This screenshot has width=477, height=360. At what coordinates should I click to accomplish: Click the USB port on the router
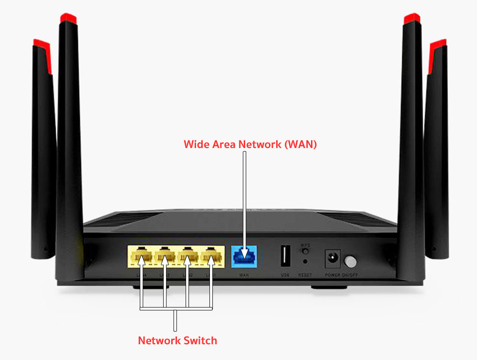[285, 256]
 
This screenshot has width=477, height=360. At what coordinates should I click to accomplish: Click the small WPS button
[305, 250]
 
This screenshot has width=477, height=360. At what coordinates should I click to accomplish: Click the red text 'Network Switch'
[177, 340]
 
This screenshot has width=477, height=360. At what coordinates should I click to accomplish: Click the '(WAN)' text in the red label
[300, 144]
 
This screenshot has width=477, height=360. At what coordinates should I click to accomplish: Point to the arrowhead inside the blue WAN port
[244, 253]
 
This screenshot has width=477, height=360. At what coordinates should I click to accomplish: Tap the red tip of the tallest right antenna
[411, 19]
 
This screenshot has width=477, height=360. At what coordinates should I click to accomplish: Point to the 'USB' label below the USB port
[285, 275]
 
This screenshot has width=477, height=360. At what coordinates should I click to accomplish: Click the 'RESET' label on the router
[304, 275]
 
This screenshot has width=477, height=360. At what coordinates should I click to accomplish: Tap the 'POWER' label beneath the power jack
[332, 275]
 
